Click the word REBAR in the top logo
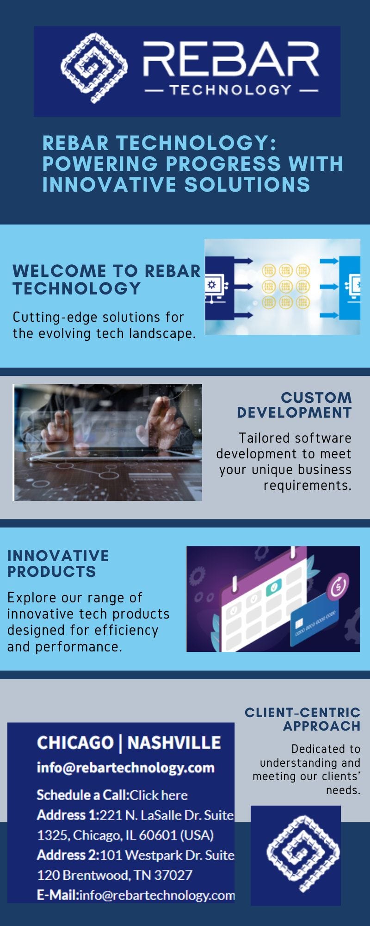[x=231, y=60]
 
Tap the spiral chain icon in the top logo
[x=95, y=68]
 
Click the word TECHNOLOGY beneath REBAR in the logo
[x=230, y=89]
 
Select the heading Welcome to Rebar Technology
[x=106, y=279]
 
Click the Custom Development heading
[x=294, y=405]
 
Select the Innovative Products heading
[x=58, y=563]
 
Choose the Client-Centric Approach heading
[x=302, y=719]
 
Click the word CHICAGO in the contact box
[x=75, y=743]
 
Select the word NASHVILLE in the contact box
[x=174, y=743]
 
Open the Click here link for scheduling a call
[x=159, y=795]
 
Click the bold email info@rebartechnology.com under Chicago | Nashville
[x=125, y=768]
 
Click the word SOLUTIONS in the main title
[x=247, y=184]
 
